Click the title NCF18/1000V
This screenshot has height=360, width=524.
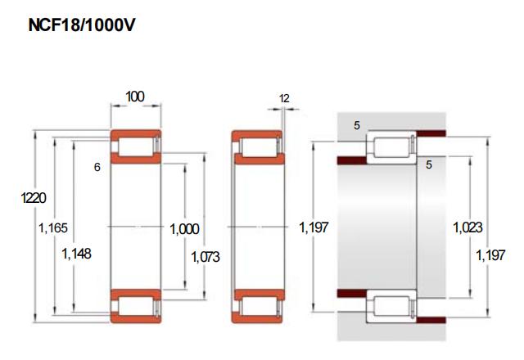click(82, 25)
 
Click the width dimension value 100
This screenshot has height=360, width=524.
click(135, 97)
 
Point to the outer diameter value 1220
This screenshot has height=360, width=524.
click(34, 198)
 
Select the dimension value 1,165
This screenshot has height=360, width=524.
click(53, 228)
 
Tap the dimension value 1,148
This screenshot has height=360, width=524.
click(76, 254)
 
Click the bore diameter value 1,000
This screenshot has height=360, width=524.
click(184, 229)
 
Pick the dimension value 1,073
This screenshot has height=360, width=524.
click(206, 257)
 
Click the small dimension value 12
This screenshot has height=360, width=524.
click(284, 98)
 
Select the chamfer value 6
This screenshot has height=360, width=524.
click(97, 167)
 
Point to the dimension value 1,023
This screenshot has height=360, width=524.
click(468, 227)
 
